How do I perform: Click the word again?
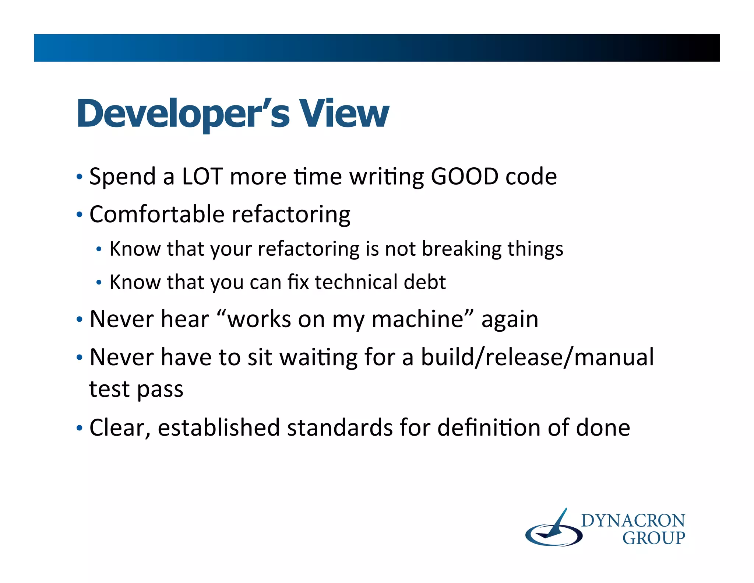click(x=510, y=320)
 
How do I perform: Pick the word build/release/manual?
click(x=537, y=357)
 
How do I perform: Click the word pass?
click(x=160, y=390)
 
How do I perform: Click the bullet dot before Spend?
click(x=79, y=177)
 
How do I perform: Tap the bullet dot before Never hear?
click(x=79, y=320)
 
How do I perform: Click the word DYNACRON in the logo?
click(x=633, y=521)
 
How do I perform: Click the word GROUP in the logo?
click(x=653, y=538)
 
